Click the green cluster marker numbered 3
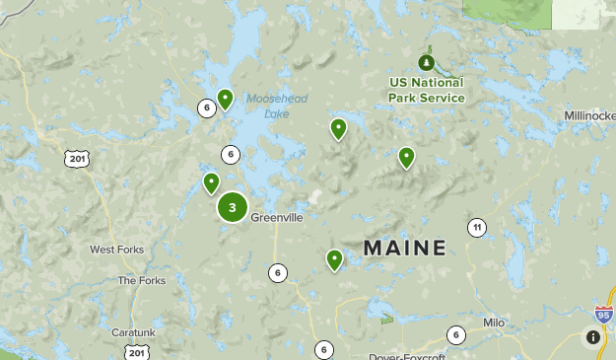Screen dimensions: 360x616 [x=232, y=207]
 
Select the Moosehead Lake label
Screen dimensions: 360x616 [x=269, y=107]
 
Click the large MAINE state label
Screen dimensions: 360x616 [x=405, y=249]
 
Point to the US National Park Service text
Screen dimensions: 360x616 [x=426, y=91]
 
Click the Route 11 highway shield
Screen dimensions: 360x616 [x=477, y=228]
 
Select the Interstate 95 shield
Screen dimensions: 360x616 [x=603, y=315]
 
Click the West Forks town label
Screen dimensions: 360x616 [x=116, y=250]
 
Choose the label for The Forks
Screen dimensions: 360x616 [x=142, y=280]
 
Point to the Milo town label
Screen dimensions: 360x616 [x=494, y=323]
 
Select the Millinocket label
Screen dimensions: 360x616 [x=589, y=115]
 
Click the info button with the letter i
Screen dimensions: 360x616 [x=592, y=336]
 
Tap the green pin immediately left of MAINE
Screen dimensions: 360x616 [x=335, y=259]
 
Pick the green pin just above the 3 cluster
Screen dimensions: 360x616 [x=211, y=182]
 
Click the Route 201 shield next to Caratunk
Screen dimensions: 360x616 [x=137, y=352]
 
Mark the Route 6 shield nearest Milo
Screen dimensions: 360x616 [x=455, y=335]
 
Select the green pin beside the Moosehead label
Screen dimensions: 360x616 [x=225, y=98]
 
